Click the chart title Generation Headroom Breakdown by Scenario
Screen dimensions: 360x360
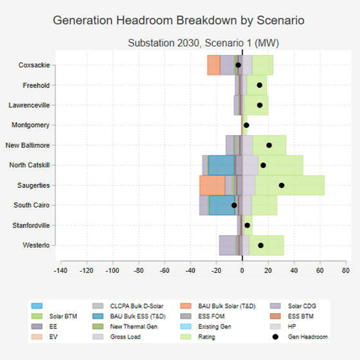click(x=179, y=20)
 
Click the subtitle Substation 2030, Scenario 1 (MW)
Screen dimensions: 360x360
click(x=203, y=43)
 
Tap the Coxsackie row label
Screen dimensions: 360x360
click(x=34, y=65)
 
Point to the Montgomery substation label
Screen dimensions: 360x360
click(x=31, y=125)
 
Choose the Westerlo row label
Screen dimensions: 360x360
click(x=36, y=245)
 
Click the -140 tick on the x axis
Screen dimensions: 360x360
click(x=60, y=271)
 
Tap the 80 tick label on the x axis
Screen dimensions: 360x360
click(x=346, y=271)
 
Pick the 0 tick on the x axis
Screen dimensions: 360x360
click(x=242, y=271)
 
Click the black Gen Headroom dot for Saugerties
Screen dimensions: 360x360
click(x=282, y=185)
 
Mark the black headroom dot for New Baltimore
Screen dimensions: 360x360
click(x=269, y=145)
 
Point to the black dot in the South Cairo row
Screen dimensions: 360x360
click(x=235, y=205)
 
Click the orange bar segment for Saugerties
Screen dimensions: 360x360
click(x=212, y=185)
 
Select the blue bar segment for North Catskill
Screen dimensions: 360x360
click(x=221, y=165)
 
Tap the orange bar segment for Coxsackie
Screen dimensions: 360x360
click(x=214, y=65)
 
